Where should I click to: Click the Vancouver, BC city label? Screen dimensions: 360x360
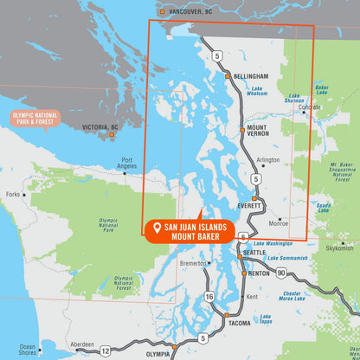click(190, 12)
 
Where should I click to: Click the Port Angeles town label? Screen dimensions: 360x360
click(127, 163)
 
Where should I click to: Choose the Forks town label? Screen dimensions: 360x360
click(13, 195)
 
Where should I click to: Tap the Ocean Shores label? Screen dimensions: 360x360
click(28, 349)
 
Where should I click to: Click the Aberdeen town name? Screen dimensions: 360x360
click(82, 343)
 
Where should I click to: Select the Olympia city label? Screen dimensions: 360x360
click(157, 354)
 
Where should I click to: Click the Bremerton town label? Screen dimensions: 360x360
click(192, 263)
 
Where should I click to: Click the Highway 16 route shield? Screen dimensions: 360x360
click(209, 297)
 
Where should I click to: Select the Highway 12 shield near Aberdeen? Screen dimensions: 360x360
click(105, 350)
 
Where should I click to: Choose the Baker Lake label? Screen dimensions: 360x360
click(322, 88)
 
